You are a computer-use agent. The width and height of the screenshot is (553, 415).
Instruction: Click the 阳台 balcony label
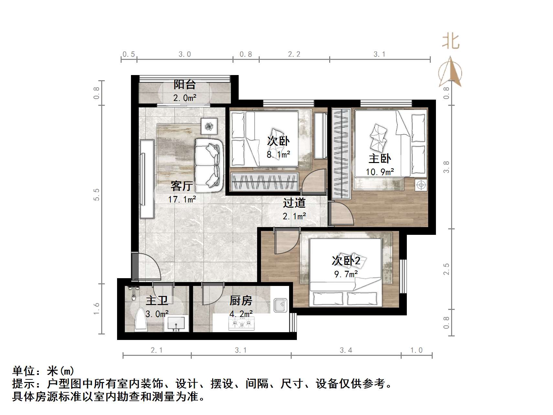tap(184, 84)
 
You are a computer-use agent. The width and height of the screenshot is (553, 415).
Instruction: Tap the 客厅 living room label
tap(182, 186)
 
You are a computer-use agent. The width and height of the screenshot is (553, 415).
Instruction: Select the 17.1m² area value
tap(182, 199)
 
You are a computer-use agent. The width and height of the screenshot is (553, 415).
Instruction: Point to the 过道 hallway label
tap(294, 203)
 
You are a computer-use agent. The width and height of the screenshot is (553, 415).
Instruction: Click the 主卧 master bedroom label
tap(380, 158)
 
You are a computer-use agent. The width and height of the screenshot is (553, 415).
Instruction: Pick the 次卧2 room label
tap(346, 261)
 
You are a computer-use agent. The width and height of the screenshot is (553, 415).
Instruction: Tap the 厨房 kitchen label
tap(241, 301)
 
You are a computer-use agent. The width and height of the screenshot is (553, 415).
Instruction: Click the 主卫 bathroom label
tap(157, 301)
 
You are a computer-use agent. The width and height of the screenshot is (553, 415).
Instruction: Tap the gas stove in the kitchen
tap(242, 323)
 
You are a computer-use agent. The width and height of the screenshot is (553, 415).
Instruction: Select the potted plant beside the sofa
tap(209, 126)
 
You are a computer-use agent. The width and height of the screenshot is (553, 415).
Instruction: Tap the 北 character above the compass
tap(451, 42)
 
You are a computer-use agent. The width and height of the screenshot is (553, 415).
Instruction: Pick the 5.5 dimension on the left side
tap(96, 194)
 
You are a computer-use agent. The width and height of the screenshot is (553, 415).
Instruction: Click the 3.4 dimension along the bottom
tap(346, 350)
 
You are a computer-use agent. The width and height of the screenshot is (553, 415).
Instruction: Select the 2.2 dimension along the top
tap(294, 54)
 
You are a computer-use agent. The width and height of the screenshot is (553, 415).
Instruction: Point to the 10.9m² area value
tap(380, 172)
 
